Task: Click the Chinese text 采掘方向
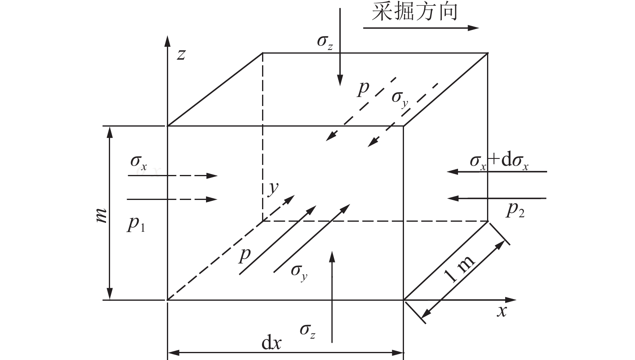click(x=415, y=12)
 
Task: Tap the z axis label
click(x=181, y=54)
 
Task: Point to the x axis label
click(x=502, y=311)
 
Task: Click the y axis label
click(x=274, y=189)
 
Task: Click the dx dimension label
click(x=271, y=343)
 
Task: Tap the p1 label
click(x=136, y=224)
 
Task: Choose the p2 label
click(x=516, y=210)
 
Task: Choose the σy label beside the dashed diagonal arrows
click(x=400, y=99)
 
